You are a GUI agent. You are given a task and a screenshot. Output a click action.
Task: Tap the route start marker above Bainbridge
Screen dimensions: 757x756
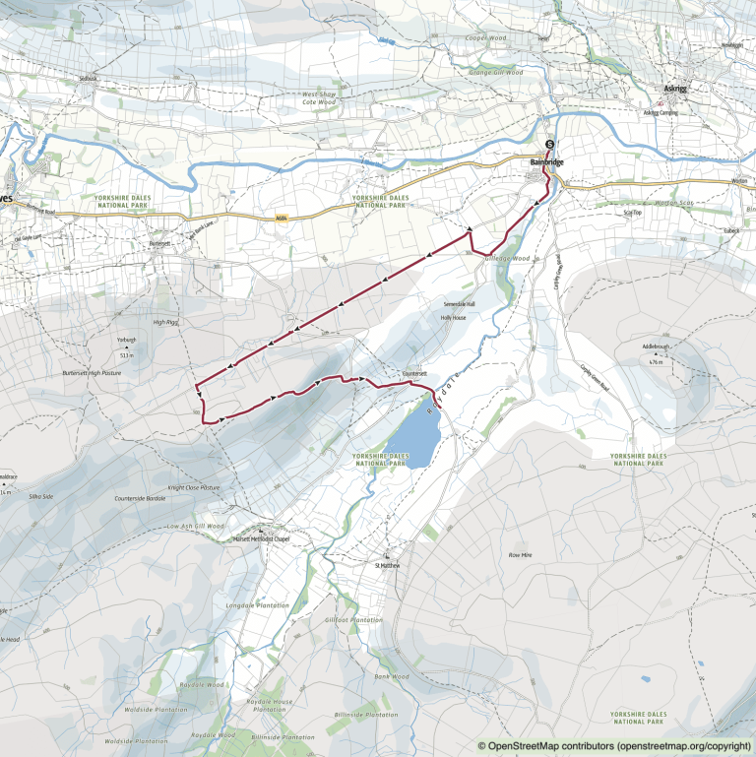tap(549, 146)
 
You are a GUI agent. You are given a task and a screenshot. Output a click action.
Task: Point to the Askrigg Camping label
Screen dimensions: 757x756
tap(661, 112)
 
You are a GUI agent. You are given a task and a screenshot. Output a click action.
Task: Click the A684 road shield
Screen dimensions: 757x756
tap(281, 219)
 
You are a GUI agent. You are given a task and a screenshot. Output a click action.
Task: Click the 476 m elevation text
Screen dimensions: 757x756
tap(657, 363)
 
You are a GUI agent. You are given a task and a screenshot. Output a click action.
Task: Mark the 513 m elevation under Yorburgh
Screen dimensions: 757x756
tap(125, 353)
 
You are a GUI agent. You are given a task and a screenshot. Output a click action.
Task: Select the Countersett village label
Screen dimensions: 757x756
tap(414, 374)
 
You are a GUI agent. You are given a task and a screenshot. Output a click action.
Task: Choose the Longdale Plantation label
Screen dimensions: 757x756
tap(257, 605)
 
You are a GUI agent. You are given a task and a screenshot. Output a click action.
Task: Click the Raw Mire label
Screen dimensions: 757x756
tap(520, 556)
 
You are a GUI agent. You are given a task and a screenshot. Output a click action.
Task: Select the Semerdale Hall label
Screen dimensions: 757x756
tap(457, 304)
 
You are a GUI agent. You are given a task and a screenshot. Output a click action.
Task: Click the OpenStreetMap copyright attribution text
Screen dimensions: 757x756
tap(615, 746)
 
